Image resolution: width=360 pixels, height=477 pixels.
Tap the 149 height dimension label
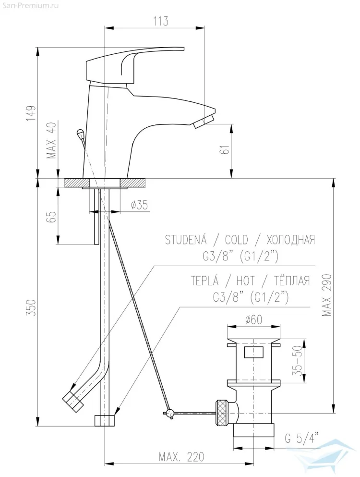tap(31, 113)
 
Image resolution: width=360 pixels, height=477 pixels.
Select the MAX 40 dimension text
tap(52, 141)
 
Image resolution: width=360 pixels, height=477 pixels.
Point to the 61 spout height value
tap(225, 149)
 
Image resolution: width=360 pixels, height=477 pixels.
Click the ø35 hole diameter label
tap(139, 205)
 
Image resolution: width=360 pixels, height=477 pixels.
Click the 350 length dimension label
tap(32, 307)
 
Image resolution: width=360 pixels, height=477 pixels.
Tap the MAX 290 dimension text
tap(326, 295)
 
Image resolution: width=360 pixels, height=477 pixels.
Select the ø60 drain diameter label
tap(253, 319)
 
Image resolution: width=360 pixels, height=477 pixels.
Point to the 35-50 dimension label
tap(299, 360)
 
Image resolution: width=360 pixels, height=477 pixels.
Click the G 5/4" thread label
tap(302, 439)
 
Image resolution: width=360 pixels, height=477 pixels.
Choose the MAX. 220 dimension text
tap(181, 456)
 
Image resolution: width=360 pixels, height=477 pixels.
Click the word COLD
tap(236, 240)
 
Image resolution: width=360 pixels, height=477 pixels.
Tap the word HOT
tap(245, 281)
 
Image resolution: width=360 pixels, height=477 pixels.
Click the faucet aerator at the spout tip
tap(203, 121)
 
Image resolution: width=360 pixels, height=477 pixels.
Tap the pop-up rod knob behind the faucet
tap(81, 133)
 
